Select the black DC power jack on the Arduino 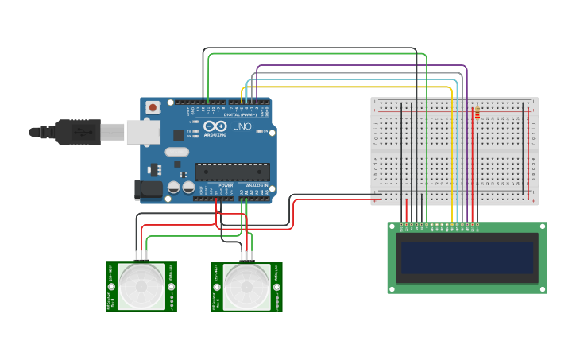coord(147,189)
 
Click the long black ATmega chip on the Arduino coord(232,171)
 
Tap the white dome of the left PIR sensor coord(141,286)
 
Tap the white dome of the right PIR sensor coord(246,286)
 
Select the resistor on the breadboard coord(477,114)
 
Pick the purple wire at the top coord(358,66)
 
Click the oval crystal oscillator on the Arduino coord(177,152)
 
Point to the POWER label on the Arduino coord(226,185)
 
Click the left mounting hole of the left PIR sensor coord(112,286)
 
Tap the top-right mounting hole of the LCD coord(542,227)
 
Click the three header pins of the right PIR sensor coord(246,257)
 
